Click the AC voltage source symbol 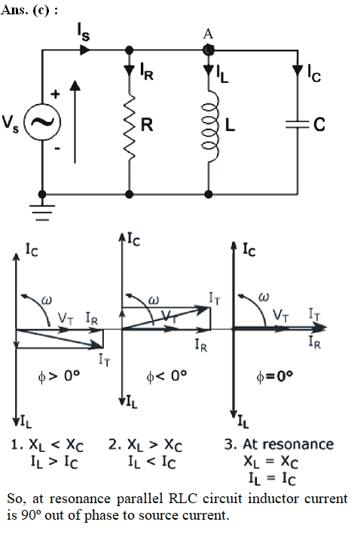[42, 122]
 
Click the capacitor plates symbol [297, 124]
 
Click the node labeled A [209, 50]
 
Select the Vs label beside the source [11, 124]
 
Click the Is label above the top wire [84, 33]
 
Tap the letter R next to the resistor [147, 124]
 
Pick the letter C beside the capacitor [319, 124]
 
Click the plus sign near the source [55, 94]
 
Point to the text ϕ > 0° [59, 376]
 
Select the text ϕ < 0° [166, 376]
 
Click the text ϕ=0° [274, 377]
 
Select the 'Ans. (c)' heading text [25, 11]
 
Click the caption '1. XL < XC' [47, 445]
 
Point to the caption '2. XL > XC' [145, 445]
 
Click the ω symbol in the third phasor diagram [264, 297]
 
